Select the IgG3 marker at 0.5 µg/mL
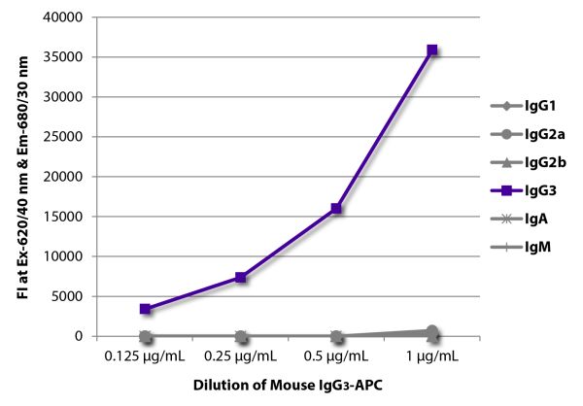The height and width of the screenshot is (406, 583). click(336, 209)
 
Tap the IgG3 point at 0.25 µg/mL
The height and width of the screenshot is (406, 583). click(241, 278)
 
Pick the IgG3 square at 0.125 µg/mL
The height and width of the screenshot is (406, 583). click(145, 309)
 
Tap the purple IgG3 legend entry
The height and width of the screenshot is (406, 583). click(531, 192)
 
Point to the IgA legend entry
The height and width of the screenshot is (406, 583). click(526, 221)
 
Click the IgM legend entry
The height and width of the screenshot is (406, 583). click(527, 251)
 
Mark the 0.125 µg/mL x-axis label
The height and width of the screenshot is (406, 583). click(145, 358)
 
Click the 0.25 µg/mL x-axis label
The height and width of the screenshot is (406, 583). click(241, 358)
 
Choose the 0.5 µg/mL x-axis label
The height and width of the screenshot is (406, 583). click(336, 358)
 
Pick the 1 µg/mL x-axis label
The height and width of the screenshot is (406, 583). click(432, 358)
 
